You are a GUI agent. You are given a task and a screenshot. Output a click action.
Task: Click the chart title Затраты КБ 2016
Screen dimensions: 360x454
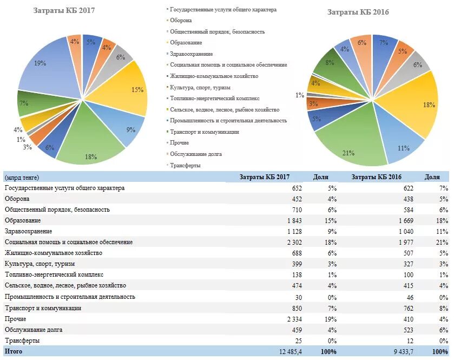(x=358, y=12)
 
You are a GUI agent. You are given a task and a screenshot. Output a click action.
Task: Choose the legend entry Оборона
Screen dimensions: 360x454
(x=181, y=21)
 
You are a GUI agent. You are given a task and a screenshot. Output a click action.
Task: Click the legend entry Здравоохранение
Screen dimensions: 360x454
(x=191, y=54)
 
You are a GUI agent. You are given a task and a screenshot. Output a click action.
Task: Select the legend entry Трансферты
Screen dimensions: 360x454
(x=185, y=165)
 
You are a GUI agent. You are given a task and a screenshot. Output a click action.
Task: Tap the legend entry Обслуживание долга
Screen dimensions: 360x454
(x=195, y=154)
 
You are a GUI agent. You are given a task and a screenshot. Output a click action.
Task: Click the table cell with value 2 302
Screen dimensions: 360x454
(x=293, y=242)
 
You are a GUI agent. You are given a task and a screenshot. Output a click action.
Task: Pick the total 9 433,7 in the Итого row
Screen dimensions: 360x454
(x=401, y=352)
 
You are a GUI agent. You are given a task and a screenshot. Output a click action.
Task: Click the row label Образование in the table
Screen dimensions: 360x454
(x=22, y=220)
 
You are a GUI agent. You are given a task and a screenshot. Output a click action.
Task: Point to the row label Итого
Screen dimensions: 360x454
(x=13, y=352)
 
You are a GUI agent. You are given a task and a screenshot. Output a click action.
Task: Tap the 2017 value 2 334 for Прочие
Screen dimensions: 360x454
(x=293, y=319)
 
